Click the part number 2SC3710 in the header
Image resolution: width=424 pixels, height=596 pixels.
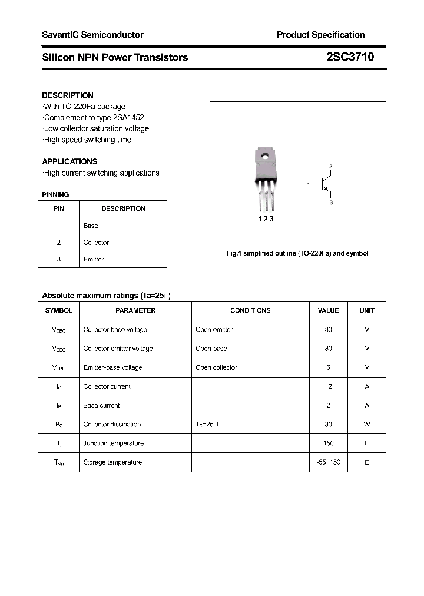point(349,57)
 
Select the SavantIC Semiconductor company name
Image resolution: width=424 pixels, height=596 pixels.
point(92,35)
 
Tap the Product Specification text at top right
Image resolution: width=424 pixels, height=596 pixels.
point(320,35)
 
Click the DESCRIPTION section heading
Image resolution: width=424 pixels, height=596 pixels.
point(68,95)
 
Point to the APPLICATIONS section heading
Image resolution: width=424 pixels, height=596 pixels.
point(69,161)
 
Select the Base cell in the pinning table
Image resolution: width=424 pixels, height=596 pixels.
point(91,226)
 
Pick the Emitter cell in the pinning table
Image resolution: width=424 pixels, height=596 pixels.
point(94,259)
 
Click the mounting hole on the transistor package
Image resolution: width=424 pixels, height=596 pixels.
point(265,157)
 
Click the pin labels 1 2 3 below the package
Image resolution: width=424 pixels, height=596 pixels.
point(266,218)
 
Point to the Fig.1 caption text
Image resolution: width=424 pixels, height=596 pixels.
point(297,253)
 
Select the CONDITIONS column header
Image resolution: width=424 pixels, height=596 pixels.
point(250,310)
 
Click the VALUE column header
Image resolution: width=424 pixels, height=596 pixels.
point(328,310)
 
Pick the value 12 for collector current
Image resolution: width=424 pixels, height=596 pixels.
point(328,386)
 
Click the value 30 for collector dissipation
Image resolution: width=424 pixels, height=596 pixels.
point(328,424)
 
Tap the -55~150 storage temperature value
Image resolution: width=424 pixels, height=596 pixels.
point(328,462)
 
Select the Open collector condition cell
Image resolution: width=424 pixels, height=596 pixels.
point(216,367)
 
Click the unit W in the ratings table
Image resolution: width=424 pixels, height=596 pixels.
point(367,424)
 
